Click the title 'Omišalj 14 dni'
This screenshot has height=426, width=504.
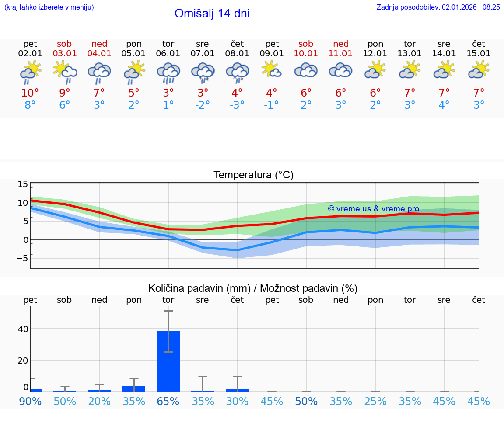(212, 14)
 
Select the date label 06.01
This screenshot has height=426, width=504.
(168, 54)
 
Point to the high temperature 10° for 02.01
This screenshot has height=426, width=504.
(30, 93)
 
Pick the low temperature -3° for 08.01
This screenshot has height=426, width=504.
(237, 105)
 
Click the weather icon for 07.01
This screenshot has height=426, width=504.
(203, 72)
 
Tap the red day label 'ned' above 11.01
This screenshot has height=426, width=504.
(341, 44)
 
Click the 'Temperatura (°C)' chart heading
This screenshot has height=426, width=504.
(253, 175)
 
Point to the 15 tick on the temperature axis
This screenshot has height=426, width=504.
(23, 184)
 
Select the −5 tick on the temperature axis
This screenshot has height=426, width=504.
(21, 258)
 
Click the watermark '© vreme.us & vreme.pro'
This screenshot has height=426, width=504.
(373, 209)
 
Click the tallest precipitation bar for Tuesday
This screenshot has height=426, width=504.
(168, 361)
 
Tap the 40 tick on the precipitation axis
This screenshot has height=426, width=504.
(23, 329)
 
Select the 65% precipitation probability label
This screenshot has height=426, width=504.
(168, 401)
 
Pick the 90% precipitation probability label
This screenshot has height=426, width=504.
(30, 401)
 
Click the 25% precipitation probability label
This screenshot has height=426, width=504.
(375, 401)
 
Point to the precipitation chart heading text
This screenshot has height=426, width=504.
(253, 288)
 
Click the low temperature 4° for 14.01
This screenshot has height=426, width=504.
(444, 105)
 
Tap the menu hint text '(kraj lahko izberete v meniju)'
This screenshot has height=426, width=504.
(49, 7)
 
